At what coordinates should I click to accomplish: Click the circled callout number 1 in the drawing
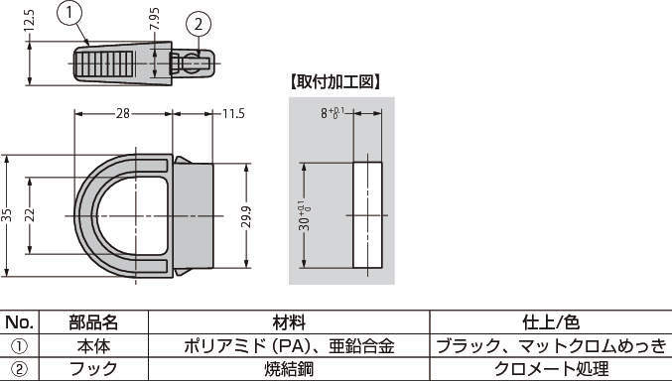[x=69, y=13]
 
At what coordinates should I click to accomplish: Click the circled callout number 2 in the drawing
[x=198, y=25]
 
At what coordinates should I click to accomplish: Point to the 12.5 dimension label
[x=29, y=20]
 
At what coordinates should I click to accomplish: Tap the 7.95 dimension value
[x=154, y=19]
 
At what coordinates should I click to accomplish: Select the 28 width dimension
[x=122, y=113]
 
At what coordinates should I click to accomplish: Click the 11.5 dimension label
[x=233, y=113]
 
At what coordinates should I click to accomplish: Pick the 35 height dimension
[x=6, y=215]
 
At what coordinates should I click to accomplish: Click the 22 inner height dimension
[x=29, y=215]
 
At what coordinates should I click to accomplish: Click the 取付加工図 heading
[x=336, y=82]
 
